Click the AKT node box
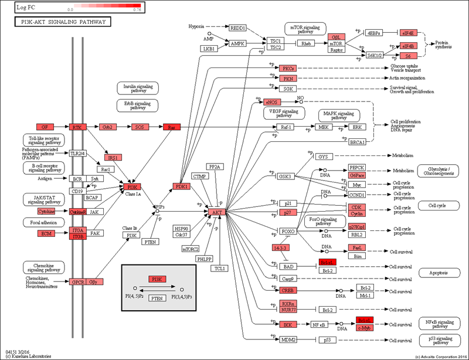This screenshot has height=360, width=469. tap(217, 211)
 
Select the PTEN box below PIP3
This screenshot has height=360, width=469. tap(151, 242)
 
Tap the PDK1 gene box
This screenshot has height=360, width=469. tap(181, 186)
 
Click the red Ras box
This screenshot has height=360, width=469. tap(172, 127)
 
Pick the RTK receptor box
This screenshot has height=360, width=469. tap(77, 127)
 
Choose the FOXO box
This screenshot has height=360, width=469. tap(288, 232)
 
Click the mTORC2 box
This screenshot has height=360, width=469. tap(191, 249)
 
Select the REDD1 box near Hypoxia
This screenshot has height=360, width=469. tap(238, 28)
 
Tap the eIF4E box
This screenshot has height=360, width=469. tap(408, 33)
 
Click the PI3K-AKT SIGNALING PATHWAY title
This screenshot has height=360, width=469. tap(63, 22)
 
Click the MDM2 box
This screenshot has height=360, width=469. tap(288, 339)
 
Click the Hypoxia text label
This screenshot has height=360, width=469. tap(197, 27)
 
